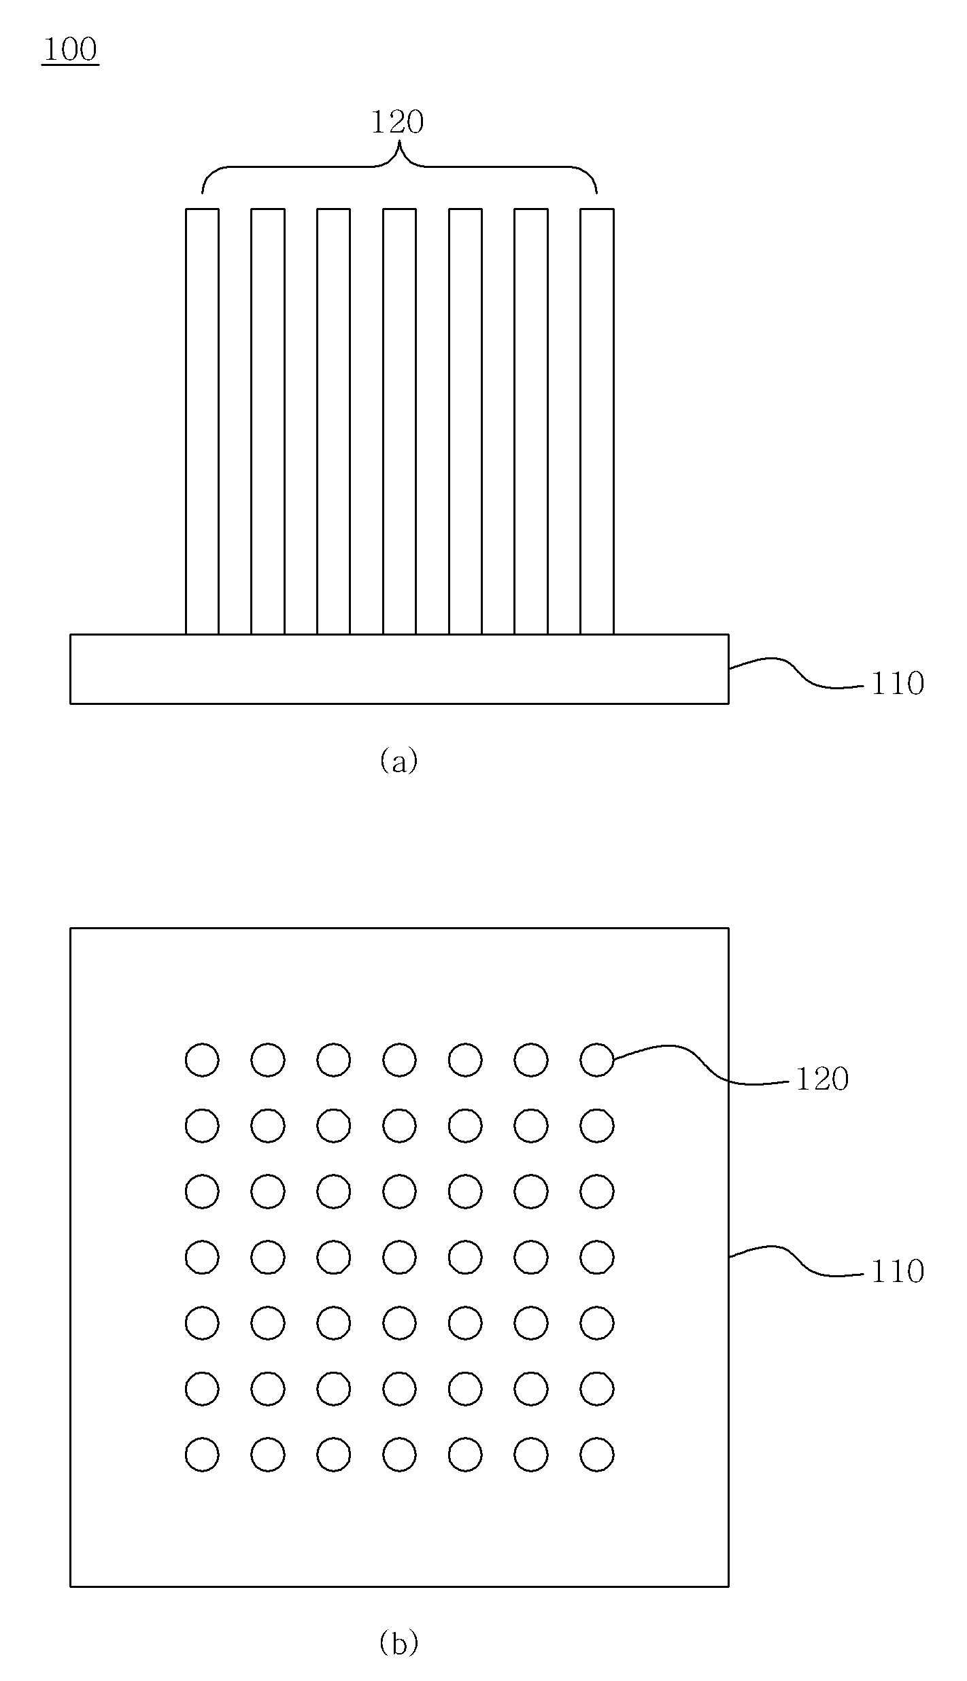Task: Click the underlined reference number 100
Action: (x=70, y=50)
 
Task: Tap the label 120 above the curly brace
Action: (x=397, y=122)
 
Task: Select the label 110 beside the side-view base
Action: (x=898, y=684)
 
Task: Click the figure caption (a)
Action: (x=398, y=761)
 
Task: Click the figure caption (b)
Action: (x=398, y=1644)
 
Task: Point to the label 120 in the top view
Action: (x=822, y=1079)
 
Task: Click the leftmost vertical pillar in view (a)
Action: (x=202, y=421)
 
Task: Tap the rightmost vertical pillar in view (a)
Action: (x=597, y=421)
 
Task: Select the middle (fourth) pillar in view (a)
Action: (x=399, y=421)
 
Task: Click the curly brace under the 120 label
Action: (x=399, y=166)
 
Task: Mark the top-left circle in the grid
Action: (x=202, y=1060)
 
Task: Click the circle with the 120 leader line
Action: (x=597, y=1060)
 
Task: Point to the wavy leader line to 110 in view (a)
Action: (x=796, y=672)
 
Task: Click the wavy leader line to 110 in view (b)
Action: (x=796, y=1261)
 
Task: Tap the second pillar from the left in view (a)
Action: (x=268, y=421)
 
